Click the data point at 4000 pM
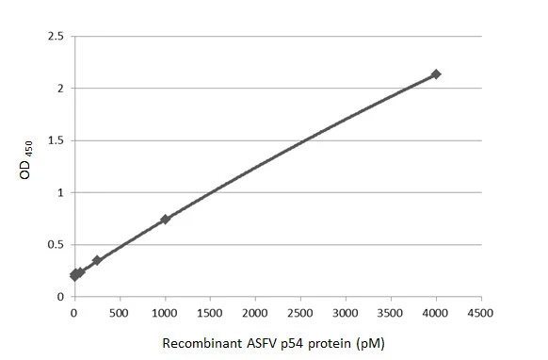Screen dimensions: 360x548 436,74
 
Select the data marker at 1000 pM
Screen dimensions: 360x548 165,220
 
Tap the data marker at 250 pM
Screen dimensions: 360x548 97,260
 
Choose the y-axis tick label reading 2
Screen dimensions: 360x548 60,89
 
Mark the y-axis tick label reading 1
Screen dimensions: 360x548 60,193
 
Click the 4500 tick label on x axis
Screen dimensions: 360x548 481,312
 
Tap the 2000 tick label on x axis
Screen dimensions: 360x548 255,312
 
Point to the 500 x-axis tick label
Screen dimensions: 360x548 120,312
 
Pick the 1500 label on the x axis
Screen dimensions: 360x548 210,312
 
